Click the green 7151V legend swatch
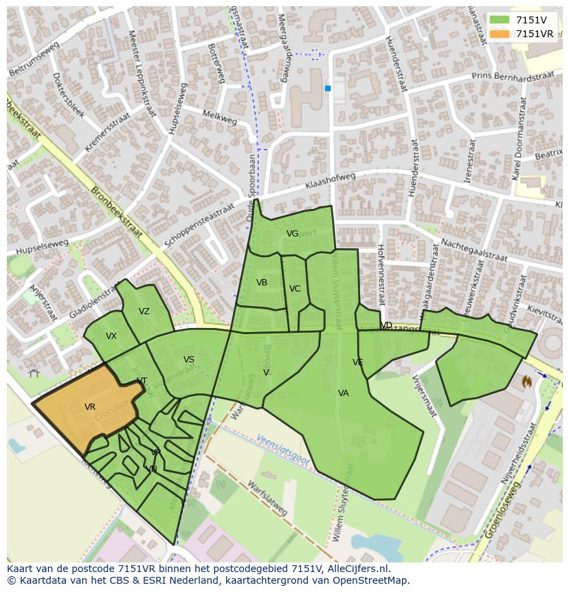click(500, 20)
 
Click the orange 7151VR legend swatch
click(500, 34)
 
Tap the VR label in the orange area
click(90, 407)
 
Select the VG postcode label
click(292, 234)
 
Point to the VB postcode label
click(262, 283)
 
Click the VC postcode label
click(295, 289)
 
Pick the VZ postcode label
click(144, 311)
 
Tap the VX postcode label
click(111, 336)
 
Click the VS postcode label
click(189, 360)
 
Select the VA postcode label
click(344, 393)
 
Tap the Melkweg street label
click(220, 118)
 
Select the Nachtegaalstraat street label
click(473, 250)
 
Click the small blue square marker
click(328, 88)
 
